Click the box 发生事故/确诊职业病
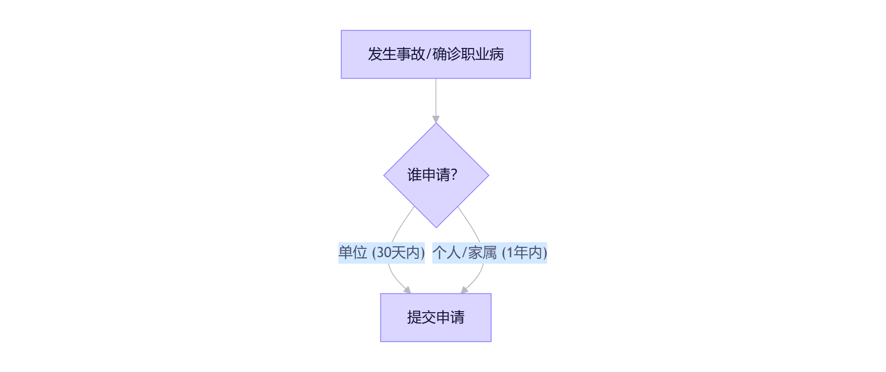pos(436,54)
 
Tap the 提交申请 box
pos(436,318)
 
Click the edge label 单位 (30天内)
pos(382,253)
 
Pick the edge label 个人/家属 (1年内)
pos(490,253)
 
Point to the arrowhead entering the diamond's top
pos(436,119)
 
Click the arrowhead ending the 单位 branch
pos(407,290)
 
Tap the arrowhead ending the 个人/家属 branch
pos(464,290)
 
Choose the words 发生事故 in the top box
pos(396,54)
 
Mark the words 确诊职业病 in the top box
pos(468,54)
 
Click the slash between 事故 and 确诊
pos(429,54)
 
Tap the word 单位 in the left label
pos(353,253)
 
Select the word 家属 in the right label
pos(483,253)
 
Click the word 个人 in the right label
pos(446,253)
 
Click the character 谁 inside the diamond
pos(415,175)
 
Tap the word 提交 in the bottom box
pos(422,318)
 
